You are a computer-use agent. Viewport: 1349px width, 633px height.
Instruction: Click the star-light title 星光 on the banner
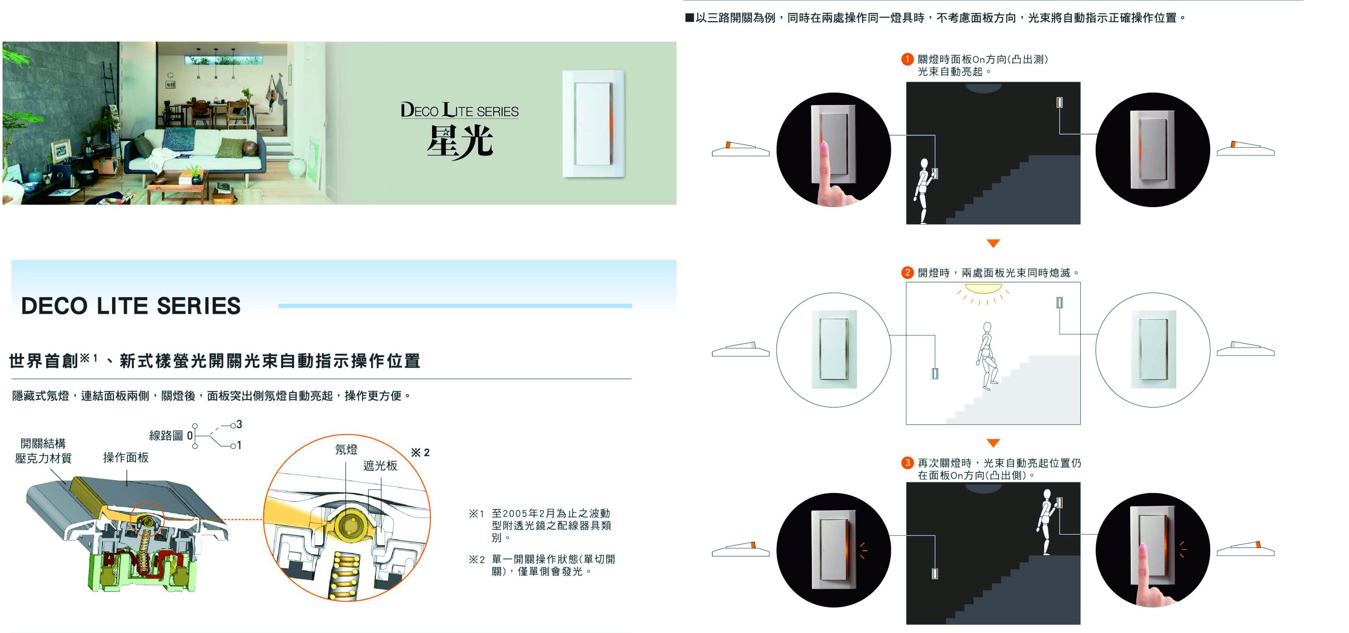point(460,141)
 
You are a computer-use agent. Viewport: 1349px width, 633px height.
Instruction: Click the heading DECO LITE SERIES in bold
point(131,306)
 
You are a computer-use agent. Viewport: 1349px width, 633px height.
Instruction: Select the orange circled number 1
point(907,59)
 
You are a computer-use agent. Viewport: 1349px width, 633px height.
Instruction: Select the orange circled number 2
point(907,273)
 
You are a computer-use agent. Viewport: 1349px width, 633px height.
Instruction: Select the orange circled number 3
point(907,463)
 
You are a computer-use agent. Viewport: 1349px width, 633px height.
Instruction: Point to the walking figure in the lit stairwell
point(987,356)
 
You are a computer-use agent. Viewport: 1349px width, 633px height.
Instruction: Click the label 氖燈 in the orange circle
point(346,449)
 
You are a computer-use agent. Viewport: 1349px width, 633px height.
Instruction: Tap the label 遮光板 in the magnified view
point(380,465)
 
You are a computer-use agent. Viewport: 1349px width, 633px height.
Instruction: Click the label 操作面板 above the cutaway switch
point(126,458)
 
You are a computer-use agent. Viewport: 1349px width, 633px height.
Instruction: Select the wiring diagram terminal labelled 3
point(239,425)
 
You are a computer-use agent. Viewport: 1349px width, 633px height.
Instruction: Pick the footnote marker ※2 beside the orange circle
point(420,453)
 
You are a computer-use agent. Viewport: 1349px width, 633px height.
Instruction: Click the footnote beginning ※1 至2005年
point(541,525)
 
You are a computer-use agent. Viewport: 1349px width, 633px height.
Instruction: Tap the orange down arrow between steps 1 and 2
point(993,243)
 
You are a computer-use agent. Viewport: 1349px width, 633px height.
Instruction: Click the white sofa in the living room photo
point(194,150)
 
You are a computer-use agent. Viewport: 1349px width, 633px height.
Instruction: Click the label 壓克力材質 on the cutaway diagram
point(43,458)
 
